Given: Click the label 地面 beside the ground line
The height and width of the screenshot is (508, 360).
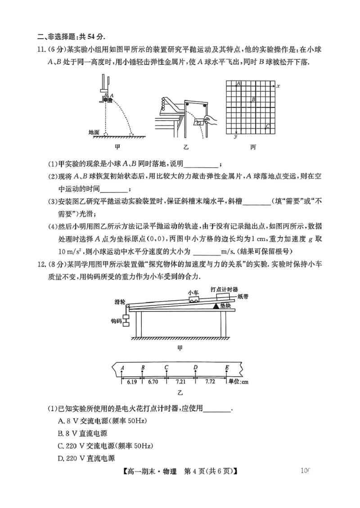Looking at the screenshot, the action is pyautogui.click(x=94, y=132).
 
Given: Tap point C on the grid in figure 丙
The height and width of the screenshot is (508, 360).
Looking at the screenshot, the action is pyautogui.click(x=267, y=126).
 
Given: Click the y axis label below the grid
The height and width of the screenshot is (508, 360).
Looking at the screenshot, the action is pyautogui.click(x=235, y=137).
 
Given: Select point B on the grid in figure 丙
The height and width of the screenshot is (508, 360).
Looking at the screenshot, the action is pyautogui.click(x=253, y=99).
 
